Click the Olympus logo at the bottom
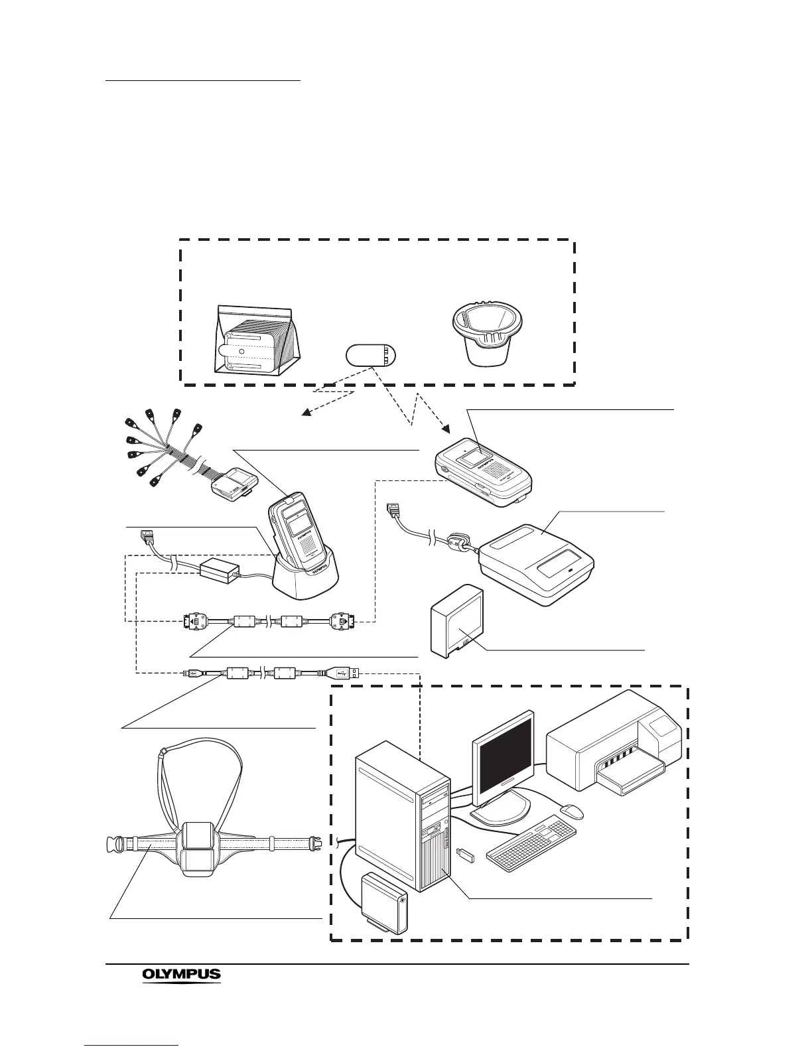point(181,975)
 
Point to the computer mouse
point(571,811)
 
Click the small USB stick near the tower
point(465,857)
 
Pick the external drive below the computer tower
point(383,903)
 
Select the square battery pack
point(456,622)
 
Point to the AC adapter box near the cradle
point(219,570)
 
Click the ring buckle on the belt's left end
point(116,845)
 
